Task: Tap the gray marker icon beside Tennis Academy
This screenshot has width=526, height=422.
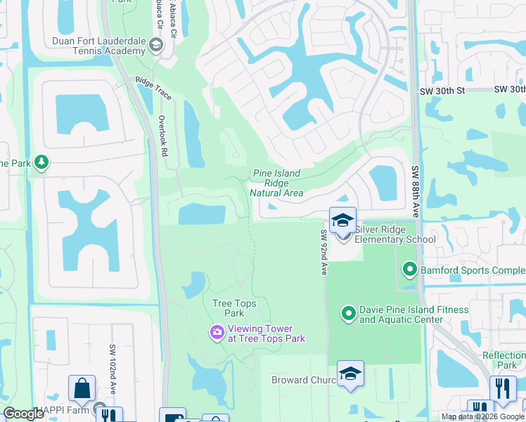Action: click(155, 46)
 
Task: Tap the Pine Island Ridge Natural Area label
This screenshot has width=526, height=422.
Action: click(277, 183)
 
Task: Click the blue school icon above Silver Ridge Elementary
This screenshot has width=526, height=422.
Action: click(342, 219)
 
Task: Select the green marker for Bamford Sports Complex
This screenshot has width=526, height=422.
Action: click(409, 269)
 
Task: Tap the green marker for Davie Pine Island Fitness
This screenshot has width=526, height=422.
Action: click(349, 314)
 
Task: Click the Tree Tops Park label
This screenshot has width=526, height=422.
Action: click(234, 308)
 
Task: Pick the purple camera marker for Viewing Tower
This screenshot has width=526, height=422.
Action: click(217, 331)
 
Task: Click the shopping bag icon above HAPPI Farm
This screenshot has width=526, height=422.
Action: click(82, 388)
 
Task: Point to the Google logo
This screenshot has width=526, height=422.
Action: click(23, 414)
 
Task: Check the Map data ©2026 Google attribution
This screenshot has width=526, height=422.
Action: click(482, 416)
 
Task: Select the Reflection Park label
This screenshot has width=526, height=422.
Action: click(503, 360)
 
